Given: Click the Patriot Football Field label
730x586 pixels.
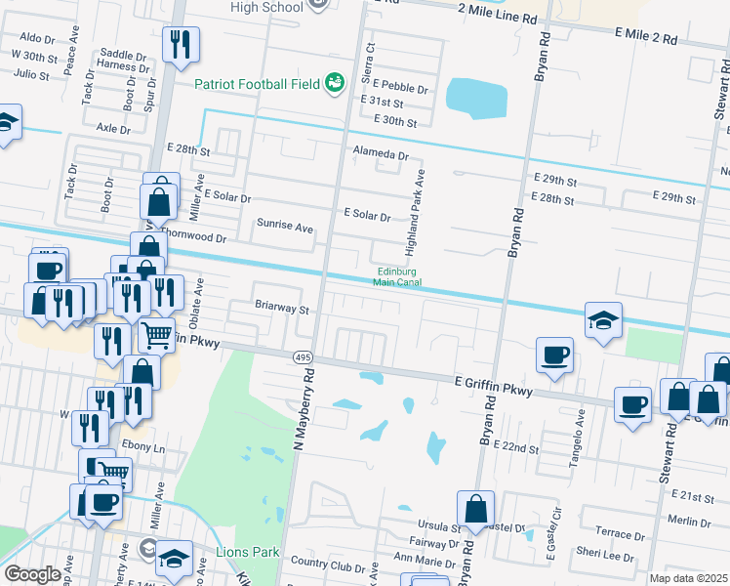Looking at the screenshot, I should [x=257, y=84].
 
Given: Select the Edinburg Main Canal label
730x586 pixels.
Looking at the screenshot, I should [x=397, y=277].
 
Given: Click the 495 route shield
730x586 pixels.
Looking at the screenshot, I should [x=302, y=357].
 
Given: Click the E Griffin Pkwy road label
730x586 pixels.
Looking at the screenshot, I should [x=494, y=388].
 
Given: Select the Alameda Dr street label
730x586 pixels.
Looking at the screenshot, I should [x=381, y=154].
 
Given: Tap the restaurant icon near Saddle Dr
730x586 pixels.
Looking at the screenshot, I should [x=181, y=44].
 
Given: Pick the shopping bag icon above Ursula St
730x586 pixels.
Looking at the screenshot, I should [x=475, y=509].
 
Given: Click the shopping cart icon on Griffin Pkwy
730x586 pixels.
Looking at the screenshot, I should [x=156, y=336].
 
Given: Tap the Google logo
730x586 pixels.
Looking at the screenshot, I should [x=32, y=573].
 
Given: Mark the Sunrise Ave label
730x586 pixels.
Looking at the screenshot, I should [x=284, y=227].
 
